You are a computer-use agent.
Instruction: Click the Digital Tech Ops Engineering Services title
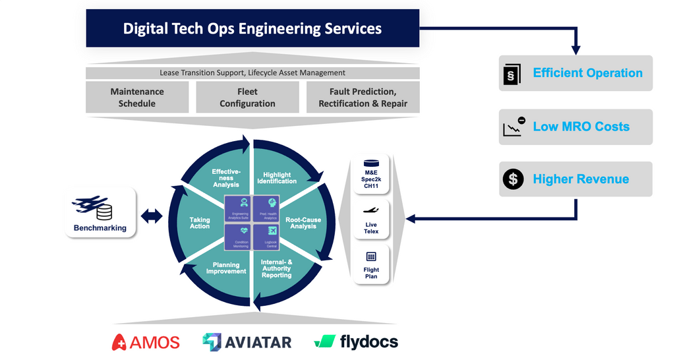click(x=252, y=28)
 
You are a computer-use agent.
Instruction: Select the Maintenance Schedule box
click(x=137, y=98)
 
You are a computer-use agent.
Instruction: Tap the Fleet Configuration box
click(x=247, y=98)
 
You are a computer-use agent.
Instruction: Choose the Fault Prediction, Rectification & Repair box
click(x=363, y=98)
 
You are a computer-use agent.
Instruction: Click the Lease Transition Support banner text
click(x=252, y=73)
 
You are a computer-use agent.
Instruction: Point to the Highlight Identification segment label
click(x=276, y=178)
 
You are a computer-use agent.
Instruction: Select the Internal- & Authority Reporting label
click(x=277, y=268)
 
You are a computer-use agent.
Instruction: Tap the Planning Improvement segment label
click(x=225, y=268)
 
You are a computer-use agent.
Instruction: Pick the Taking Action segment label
click(x=200, y=223)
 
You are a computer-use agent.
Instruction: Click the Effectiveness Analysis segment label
click(x=225, y=178)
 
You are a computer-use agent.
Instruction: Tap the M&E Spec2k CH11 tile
click(x=372, y=173)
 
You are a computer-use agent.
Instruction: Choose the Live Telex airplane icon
click(x=371, y=210)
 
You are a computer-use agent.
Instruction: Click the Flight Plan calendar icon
click(x=371, y=256)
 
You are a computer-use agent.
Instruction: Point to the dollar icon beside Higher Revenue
click(x=512, y=179)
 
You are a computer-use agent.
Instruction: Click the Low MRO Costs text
click(x=581, y=127)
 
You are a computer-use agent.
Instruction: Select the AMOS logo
click(x=146, y=342)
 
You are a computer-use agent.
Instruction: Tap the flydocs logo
click(x=356, y=342)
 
